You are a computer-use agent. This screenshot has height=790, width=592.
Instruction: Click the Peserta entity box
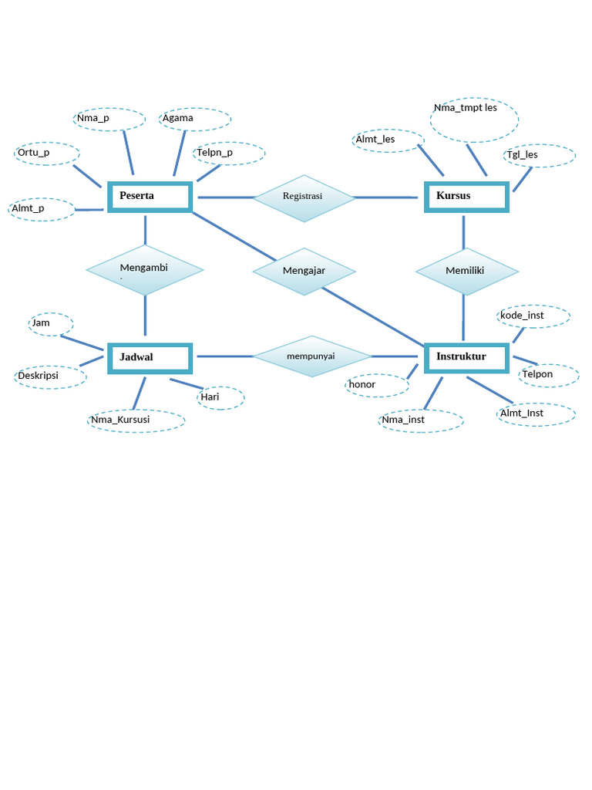[x=150, y=197]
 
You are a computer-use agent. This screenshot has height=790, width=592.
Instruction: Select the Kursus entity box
[x=467, y=197]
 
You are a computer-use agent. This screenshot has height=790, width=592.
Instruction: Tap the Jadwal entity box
[x=150, y=358]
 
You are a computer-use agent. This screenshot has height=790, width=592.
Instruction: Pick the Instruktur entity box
[x=467, y=357]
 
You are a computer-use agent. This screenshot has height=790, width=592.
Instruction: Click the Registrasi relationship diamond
[x=304, y=198]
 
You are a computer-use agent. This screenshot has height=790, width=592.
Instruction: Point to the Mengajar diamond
[x=304, y=272]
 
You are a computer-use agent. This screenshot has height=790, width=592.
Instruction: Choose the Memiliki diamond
[x=466, y=272]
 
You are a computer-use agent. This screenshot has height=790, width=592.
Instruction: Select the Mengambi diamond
[x=145, y=270]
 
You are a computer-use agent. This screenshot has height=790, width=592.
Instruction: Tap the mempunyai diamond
[x=312, y=356]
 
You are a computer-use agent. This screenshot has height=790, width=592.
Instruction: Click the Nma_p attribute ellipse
[x=109, y=120]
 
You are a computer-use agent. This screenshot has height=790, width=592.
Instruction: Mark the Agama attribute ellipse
[x=195, y=120]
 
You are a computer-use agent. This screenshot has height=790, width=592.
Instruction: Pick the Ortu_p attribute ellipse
[x=46, y=154]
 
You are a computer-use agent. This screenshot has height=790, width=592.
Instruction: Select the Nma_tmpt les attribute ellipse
[x=474, y=119]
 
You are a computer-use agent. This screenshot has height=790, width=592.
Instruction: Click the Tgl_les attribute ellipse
[x=540, y=155]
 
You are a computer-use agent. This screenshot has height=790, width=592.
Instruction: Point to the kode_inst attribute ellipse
[x=534, y=316]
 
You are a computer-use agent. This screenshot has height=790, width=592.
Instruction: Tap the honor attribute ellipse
[x=377, y=385]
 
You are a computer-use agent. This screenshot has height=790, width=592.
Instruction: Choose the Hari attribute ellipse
[x=220, y=398]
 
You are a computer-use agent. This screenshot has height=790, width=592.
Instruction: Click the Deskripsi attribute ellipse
[x=50, y=376]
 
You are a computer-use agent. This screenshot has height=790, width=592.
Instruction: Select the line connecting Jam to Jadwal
[x=82, y=343]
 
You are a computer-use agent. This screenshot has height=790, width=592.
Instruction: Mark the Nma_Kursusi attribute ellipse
[x=136, y=420]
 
